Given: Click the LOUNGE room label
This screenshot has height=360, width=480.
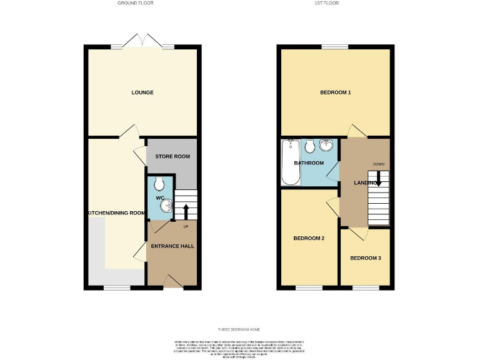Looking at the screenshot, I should point(142,92).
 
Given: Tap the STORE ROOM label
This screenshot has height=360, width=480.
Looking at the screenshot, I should point(172,156).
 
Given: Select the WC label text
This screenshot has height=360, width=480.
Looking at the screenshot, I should point(159,198).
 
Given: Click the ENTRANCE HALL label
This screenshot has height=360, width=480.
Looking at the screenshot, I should point(172,246).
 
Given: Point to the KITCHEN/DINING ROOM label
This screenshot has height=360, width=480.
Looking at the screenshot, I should point(116,213).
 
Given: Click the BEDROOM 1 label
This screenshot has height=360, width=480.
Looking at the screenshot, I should point(335,92).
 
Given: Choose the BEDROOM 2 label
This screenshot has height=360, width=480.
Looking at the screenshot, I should point(309,238).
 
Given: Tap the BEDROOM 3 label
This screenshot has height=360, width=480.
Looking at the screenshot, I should point(365,258).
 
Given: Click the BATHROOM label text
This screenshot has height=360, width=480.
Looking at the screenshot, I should point(309,163).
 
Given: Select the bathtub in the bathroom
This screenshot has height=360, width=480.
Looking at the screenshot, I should point(291,164).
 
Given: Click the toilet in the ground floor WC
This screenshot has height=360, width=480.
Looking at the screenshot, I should point(159,184).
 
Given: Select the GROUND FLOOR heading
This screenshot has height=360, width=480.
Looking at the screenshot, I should point(136,3).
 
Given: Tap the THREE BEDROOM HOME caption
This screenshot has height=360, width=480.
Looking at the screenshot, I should point(239,329).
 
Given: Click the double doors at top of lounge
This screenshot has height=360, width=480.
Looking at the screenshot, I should point(143,41).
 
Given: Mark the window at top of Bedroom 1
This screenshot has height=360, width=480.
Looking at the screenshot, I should point(335,46).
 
